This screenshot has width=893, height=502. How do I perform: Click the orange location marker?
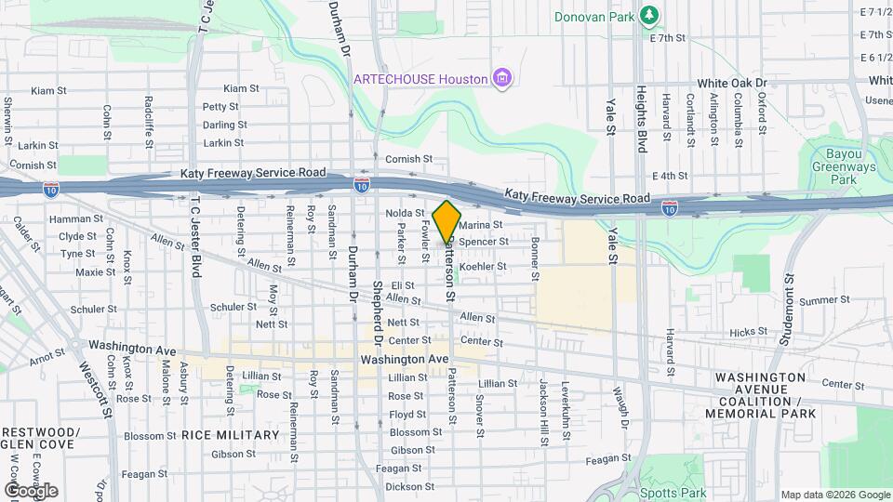[x=447, y=221]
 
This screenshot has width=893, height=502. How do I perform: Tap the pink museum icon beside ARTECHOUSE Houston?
[x=502, y=78]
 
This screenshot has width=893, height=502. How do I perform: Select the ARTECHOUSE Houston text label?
[x=420, y=79]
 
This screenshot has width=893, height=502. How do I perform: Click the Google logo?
[x=30, y=491]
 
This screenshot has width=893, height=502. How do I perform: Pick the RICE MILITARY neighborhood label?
[x=230, y=435]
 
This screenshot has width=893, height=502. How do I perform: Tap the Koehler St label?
[x=483, y=267]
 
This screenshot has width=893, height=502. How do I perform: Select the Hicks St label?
[x=749, y=331]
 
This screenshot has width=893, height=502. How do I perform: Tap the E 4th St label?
[x=670, y=176]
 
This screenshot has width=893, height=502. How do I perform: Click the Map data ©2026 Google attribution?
[x=834, y=495]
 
